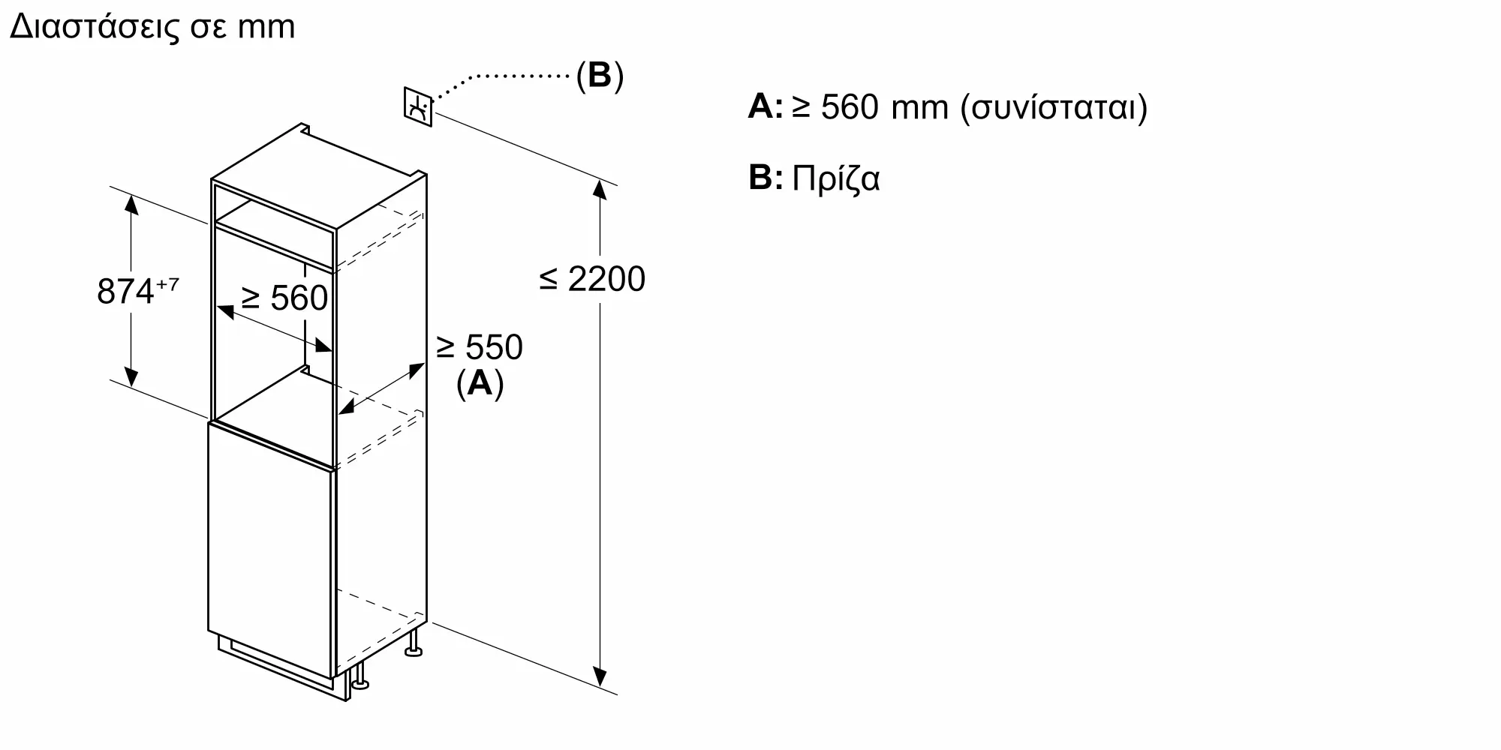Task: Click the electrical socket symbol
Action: coord(418,106)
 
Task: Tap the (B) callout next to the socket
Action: coord(600,75)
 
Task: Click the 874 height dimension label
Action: coord(126,291)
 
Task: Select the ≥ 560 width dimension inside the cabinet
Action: coord(284,298)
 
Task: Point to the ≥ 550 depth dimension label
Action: coord(479,347)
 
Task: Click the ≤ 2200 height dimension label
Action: coord(592,279)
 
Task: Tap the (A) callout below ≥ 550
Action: coord(480,383)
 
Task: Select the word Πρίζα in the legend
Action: coord(836,179)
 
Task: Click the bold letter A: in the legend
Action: coord(766,106)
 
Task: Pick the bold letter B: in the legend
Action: coord(766,178)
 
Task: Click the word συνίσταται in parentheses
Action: coord(1054,108)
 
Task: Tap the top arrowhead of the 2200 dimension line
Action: coord(600,189)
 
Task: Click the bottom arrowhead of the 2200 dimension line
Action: coord(600,676)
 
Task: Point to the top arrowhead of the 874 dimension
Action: coord(131,205)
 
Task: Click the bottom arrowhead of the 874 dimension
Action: coord(131,376)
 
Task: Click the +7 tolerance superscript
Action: coord(167,284)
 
